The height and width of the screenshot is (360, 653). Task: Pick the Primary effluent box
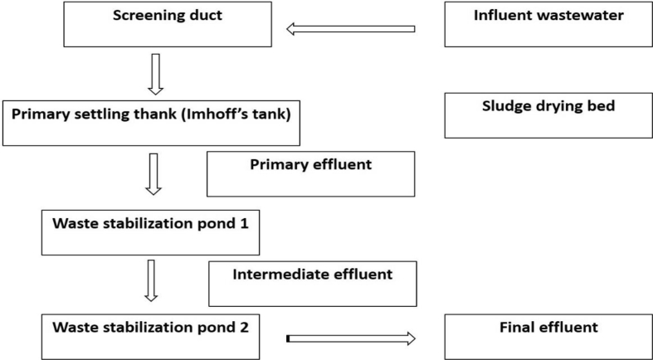pos(310,174)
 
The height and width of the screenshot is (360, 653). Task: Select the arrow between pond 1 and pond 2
pos(152,280)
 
